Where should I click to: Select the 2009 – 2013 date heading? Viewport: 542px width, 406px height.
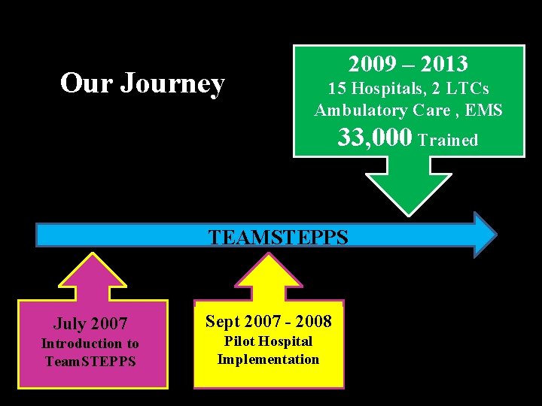click(x=408, y=65)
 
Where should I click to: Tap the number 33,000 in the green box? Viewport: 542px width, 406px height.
click(x=375, y=138)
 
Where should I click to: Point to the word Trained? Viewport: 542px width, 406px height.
click(x=448, y=141)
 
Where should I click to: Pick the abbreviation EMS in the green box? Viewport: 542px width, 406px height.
click(x=484, y=111)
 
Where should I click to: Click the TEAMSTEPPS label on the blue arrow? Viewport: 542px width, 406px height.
click(x=278, y=238)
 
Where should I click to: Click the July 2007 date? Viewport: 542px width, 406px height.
click(x=90, y=324)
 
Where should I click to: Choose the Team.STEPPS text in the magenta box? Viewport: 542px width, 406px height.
click(x=90, y=362)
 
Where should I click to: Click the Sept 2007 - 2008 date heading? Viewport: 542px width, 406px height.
click(x=268, y=322)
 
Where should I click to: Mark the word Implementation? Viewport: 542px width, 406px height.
click(x=268, y=359)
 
